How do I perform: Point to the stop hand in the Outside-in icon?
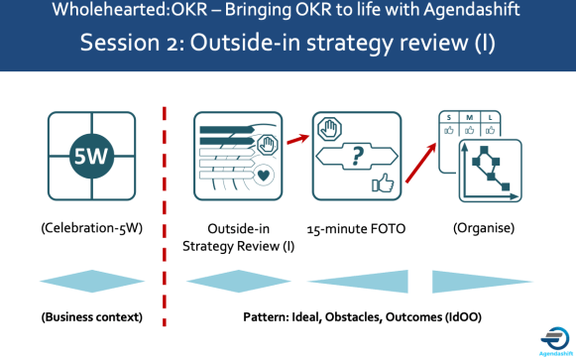pos(266,146)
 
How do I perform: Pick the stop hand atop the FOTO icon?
pos(328,128)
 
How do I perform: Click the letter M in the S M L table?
pos(470,117)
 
